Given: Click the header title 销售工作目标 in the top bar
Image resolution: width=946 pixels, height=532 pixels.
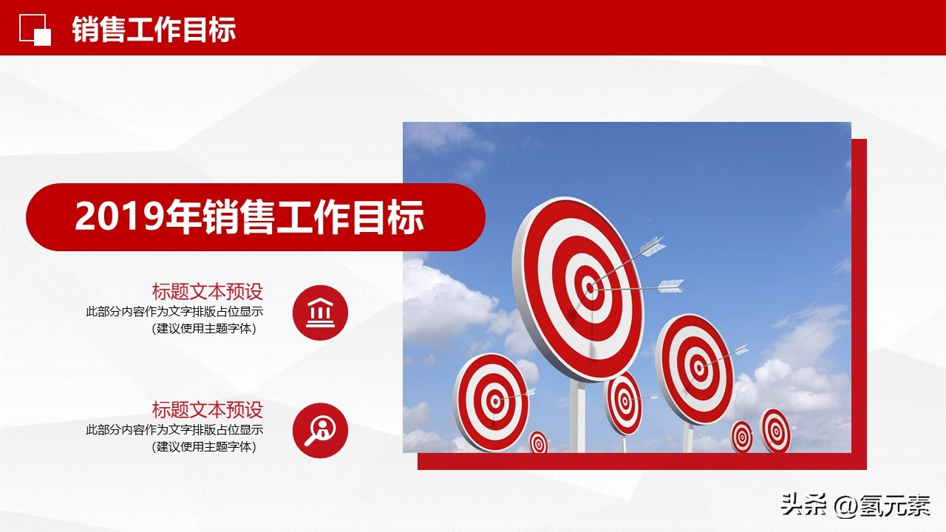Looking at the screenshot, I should pos(154,30).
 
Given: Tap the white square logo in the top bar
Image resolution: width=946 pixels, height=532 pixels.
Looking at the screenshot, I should pos(35,30).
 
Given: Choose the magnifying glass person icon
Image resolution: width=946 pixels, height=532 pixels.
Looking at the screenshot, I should pos(320,429).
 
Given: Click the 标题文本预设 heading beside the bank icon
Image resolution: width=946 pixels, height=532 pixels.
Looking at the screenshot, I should pos(208,291).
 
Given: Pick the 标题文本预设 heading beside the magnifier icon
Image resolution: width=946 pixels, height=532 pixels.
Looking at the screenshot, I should pos(208,409).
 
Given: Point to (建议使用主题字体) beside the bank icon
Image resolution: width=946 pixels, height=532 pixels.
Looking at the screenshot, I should pos(204,329).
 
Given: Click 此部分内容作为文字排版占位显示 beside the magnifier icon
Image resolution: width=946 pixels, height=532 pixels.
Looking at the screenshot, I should pos(174,429).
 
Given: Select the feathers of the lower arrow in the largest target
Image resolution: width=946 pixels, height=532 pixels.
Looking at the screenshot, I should pos(670,285).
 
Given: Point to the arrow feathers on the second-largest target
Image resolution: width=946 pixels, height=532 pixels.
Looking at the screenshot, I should pos(739,349).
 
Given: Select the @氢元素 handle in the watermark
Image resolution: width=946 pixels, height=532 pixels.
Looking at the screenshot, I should pos(882,505).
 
